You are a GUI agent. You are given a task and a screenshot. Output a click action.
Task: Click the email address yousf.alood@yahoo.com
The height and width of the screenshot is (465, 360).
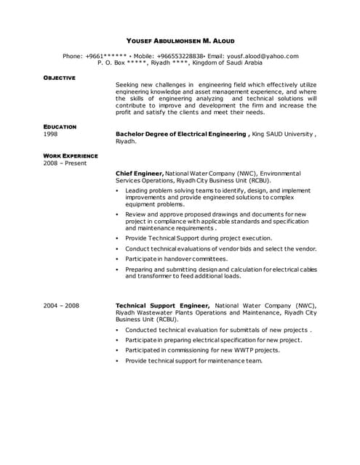coord(263,56)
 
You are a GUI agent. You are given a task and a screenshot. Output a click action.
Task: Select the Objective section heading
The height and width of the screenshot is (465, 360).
coord(59,77)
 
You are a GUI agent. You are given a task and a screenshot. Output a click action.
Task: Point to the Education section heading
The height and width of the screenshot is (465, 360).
coord(60,127)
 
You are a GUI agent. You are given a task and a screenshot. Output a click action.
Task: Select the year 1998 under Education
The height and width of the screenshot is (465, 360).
coord(50,134)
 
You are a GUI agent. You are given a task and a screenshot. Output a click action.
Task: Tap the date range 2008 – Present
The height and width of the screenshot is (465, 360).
coord(64,163)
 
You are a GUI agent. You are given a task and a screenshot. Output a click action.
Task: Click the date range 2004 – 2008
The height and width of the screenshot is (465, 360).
coord(61,306)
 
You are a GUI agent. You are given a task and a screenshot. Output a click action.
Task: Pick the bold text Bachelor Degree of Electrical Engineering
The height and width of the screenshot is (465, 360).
coord(181,134)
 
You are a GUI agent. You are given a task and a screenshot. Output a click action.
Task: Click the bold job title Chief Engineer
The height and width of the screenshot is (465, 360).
coord(140,174)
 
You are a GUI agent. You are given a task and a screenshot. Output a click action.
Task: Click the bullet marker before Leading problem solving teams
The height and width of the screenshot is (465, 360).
coord(118,191)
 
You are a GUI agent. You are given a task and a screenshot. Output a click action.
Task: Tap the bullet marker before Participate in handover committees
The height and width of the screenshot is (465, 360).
coord(118,259)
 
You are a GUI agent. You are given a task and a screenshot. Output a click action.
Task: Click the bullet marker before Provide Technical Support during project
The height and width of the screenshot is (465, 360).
coord(118,238)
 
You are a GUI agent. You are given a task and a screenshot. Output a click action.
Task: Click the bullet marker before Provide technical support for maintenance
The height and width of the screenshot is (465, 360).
coord(118,360)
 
